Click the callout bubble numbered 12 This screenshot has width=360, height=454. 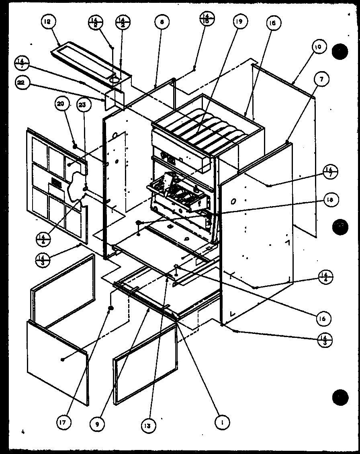49,23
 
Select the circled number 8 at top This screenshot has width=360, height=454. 162,23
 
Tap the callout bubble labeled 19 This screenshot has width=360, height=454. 240,23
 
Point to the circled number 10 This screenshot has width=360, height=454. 317,47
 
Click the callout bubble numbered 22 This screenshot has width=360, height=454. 22,83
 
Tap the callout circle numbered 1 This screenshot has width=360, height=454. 221,422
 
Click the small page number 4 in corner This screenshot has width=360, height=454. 24,432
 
